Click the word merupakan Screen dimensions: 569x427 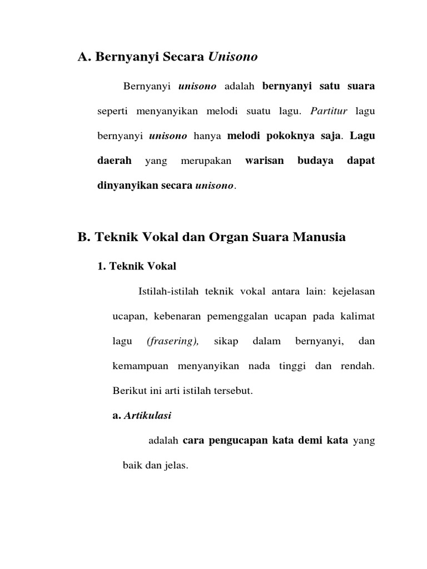tap(202, 161)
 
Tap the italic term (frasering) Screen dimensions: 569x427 tap(173, 341)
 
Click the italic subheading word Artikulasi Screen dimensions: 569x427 tap(143, 415)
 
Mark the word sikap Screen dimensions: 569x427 tap(226, 341)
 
